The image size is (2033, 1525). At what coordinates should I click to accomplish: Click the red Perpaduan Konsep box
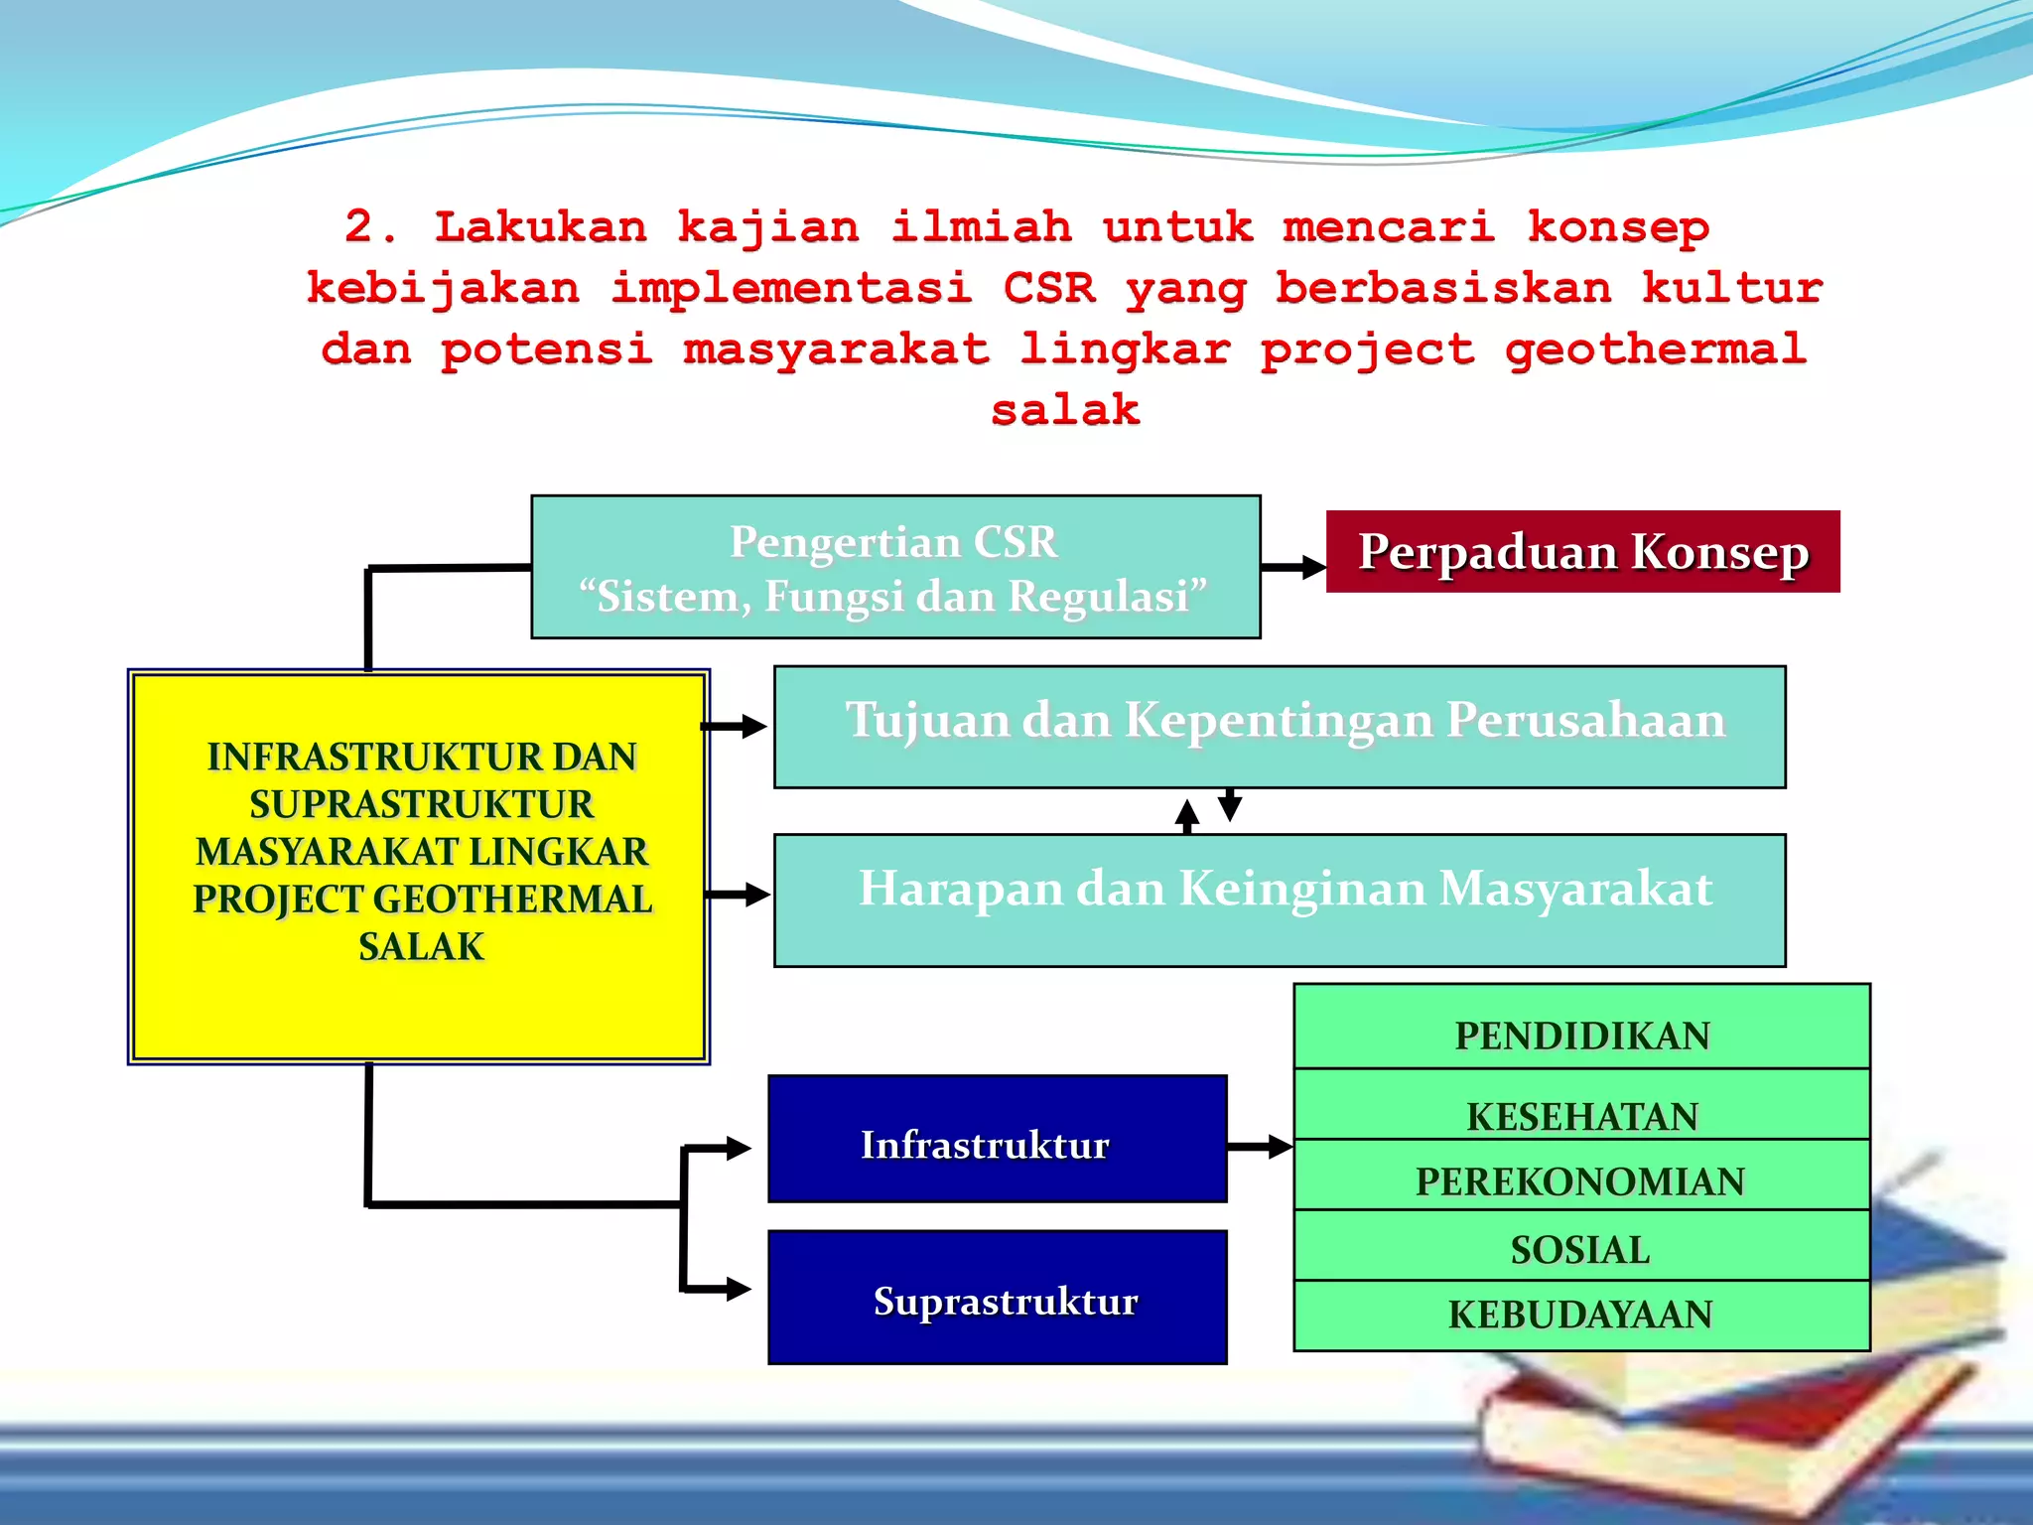1582,552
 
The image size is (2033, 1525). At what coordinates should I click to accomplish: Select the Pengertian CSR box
895,567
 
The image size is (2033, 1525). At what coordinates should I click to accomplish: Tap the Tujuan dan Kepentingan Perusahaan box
1279,727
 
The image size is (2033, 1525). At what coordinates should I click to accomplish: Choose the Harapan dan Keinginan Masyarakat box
1279,900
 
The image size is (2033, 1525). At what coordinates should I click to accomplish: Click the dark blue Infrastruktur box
997,1139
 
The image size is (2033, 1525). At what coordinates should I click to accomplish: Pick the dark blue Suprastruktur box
997,1297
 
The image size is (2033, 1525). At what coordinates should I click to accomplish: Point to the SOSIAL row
1581,1247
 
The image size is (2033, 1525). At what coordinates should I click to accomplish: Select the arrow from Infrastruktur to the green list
1261,1148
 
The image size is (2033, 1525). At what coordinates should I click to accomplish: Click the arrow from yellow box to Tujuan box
736,727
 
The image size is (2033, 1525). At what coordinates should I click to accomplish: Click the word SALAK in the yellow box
421,946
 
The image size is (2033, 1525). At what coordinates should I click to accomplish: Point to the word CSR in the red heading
1048,289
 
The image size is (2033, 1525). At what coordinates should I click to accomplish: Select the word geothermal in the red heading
1655,349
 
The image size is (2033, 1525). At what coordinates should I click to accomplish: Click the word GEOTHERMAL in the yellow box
513,899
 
